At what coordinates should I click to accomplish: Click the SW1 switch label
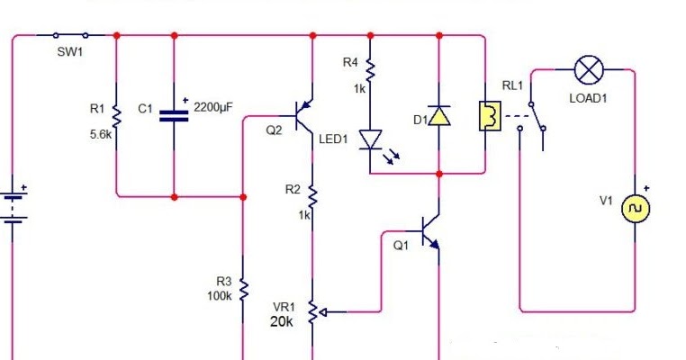pos(69,52)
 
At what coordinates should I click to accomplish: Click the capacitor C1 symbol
pos(174,114)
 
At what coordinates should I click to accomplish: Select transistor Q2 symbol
pos(305,116)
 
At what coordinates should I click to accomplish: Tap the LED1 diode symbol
pos(370,139)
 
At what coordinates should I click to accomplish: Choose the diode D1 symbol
pos(438,116)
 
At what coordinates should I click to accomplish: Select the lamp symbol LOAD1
pos(589,67)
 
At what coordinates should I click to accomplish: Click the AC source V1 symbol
pos(636,209)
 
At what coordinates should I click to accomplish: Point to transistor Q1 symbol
pos(430,233)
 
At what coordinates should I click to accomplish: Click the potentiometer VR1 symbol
pos(312,312)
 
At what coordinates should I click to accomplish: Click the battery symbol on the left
pos(14,207)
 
